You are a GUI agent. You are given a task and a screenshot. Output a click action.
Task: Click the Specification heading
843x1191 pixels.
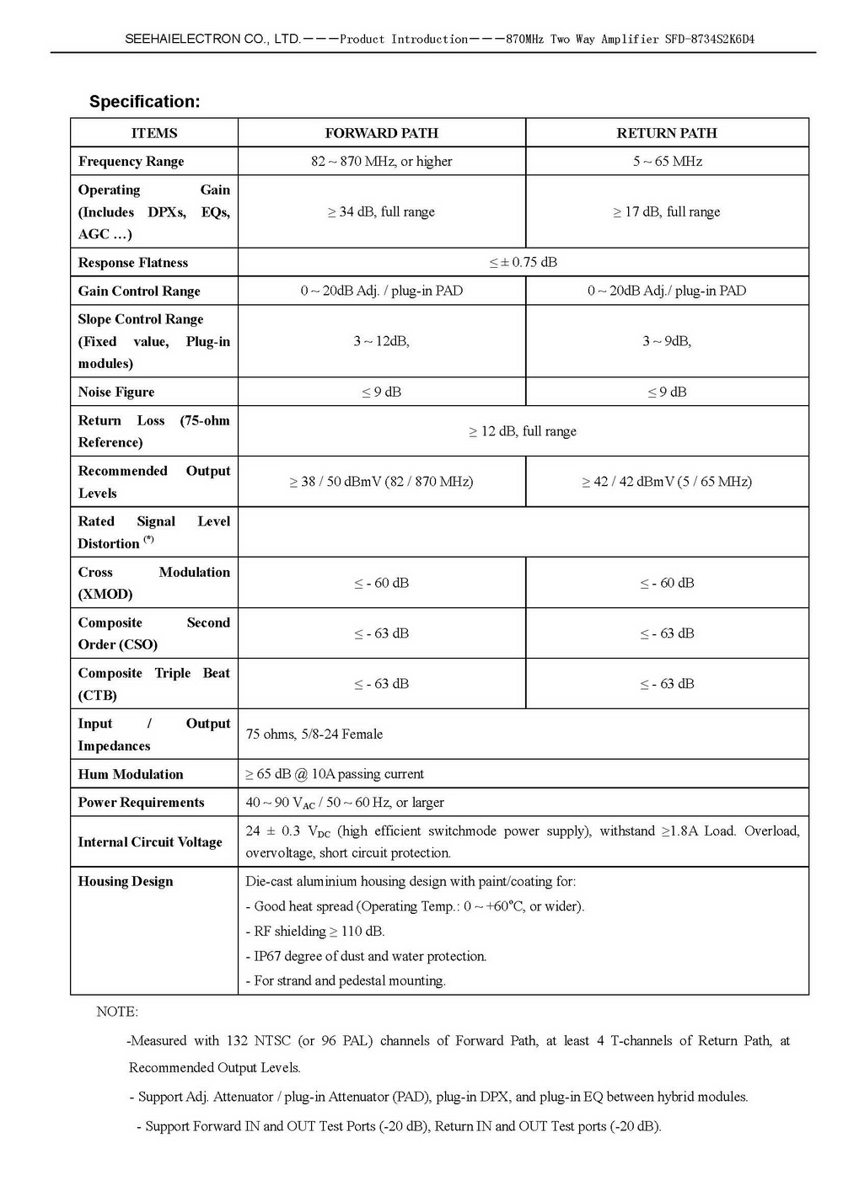[144, 102]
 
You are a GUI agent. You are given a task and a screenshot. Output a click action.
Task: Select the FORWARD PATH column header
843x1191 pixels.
[381, 133]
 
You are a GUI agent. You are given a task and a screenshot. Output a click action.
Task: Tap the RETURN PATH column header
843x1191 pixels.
[667, 133]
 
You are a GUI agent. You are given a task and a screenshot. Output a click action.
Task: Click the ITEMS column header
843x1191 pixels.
[154, 133]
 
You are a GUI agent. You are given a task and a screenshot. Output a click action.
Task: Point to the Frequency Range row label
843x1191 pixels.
[131, 162]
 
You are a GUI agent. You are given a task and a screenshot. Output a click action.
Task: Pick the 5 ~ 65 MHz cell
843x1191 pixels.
[667, 162]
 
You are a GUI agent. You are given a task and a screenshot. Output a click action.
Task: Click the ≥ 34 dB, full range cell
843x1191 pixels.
[381, 212]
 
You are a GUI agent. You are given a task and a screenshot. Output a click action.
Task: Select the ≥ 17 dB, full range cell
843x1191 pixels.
[667, 212]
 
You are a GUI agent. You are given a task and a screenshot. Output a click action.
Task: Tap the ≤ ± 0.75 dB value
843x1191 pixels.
[523, 262]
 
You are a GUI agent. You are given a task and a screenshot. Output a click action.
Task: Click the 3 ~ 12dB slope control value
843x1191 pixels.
[381, 341]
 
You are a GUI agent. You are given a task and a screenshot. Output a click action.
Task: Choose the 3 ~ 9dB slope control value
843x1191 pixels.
[667, 341]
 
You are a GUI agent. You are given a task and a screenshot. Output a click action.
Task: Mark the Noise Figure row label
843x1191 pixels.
[116, 392]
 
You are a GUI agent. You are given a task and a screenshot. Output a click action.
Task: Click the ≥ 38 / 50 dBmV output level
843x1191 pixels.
[381, 482]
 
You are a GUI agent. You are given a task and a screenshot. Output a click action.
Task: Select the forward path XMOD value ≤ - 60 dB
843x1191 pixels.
[381, 583]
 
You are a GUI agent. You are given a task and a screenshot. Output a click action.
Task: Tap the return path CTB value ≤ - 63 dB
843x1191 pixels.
[667, 684]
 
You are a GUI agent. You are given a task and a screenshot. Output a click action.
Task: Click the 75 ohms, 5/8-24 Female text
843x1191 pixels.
[314, 734]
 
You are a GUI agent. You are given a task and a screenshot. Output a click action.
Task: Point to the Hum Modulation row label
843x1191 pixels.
[131, 774]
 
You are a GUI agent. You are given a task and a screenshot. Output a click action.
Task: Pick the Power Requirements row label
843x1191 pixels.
[141, 803]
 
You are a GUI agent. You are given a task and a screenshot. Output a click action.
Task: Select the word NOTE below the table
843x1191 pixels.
[117, 1012]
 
